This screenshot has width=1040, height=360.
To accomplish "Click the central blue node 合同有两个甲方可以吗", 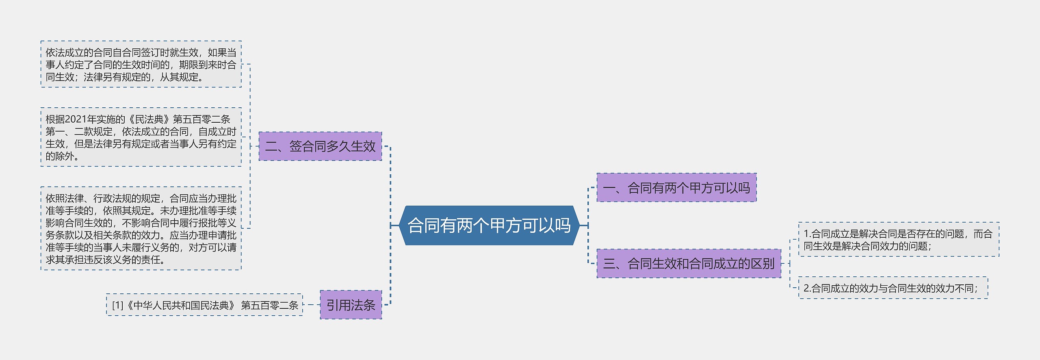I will [489, 226].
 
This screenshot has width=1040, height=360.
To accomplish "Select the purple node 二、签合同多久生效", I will [320, 146].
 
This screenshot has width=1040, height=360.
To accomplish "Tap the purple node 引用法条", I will [351, 305].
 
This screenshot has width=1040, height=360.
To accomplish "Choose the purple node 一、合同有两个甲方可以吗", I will [676, 188].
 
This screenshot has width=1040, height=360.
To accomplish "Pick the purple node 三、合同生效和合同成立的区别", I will [689, 264].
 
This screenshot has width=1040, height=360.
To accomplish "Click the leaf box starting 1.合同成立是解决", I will [898, 240].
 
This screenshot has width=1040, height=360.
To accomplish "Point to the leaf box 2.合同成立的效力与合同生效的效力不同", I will [893, 288].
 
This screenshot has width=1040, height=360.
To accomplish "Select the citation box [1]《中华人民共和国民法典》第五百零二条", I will [205, 305].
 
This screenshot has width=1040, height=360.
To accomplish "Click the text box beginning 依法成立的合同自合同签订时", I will [141, 65].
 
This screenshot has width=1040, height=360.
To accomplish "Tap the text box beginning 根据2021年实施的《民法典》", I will [141, 137].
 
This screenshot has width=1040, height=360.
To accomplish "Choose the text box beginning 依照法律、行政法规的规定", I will [141, 229].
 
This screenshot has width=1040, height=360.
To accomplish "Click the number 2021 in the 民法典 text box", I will [75, 119].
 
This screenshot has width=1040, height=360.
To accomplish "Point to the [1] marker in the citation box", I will [117, 305].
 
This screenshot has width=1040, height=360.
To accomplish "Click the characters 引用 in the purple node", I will [338, 305].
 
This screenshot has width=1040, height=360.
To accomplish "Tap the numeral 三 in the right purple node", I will [609, 264].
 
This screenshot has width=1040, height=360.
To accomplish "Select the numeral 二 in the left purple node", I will [271, 146].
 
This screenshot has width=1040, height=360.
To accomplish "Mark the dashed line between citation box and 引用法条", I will [312, 305].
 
